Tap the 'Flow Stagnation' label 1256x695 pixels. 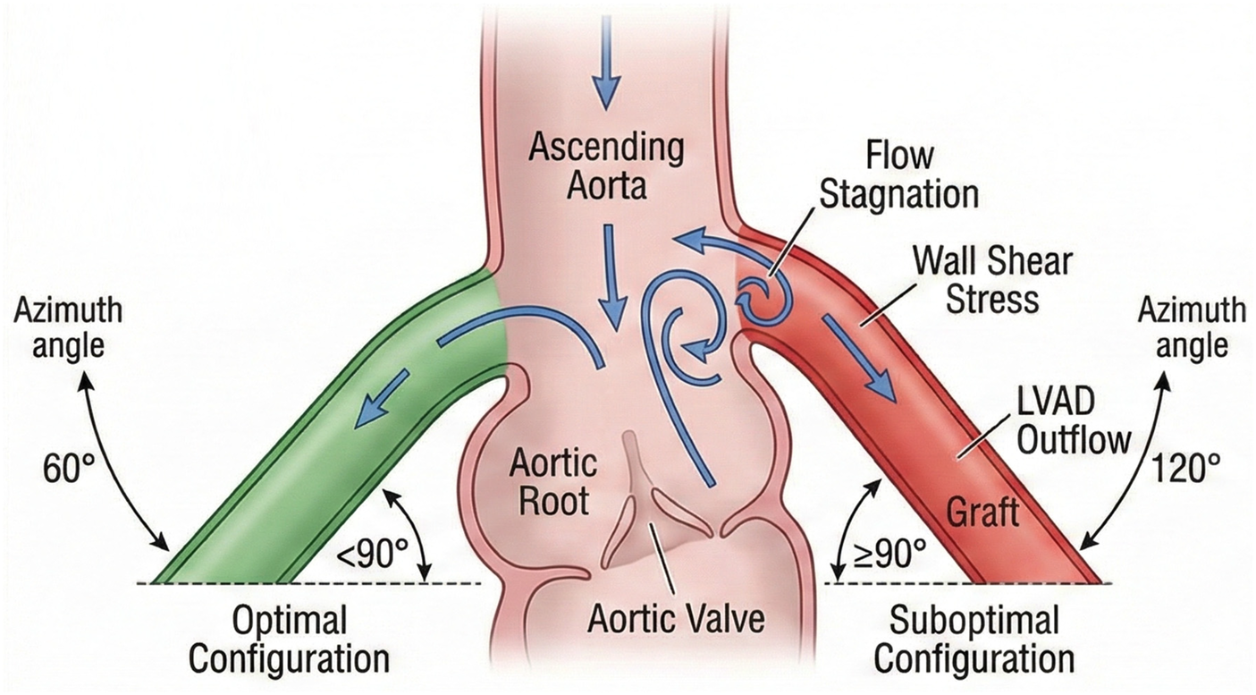pyautogui.click(x=898, y=174)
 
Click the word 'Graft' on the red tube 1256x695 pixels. pyautogui.click(x=982, y=513)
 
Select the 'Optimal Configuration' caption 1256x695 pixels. pyautogui.click(x=289, y=640)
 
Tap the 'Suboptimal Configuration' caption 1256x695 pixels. pyautogui.click(x=974, y=640)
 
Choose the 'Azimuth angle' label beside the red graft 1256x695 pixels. pyautogui.click(x=1190, y=327)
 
